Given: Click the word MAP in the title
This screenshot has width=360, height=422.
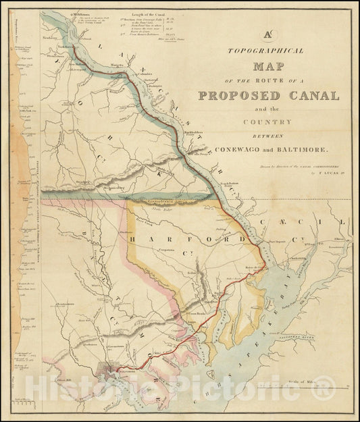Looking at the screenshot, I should pyautogui.click(x=268, y=67).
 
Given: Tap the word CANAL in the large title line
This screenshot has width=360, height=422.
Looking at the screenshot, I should pyautogui.click(x=314, y=95).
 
